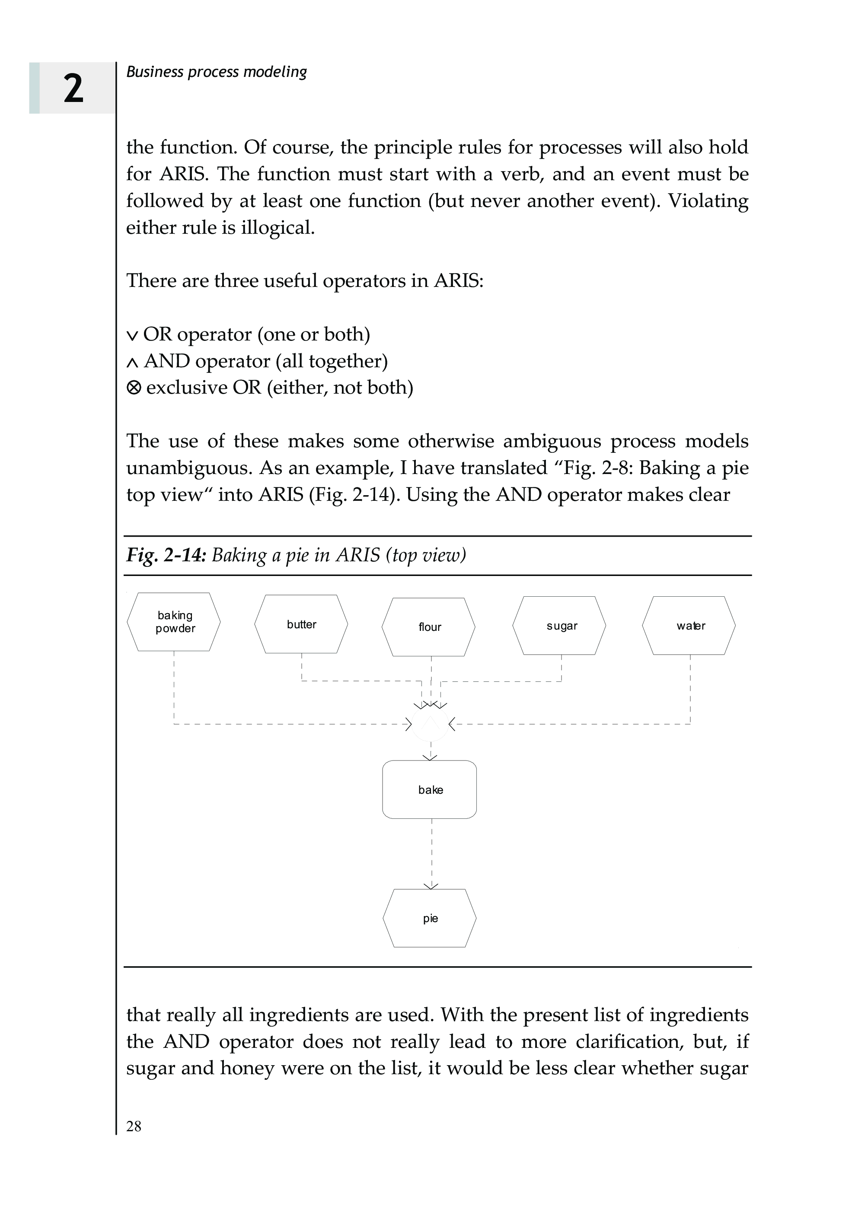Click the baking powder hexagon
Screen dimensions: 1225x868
174,622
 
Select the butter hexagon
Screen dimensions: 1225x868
301,624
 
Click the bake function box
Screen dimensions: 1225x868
430,789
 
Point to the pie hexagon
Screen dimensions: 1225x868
430,918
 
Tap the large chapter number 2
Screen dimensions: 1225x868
73,88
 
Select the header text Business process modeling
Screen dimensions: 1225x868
217,72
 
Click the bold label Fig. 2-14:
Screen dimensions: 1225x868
166,555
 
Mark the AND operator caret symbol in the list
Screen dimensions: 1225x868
132,363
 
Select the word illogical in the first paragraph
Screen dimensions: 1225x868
278,228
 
